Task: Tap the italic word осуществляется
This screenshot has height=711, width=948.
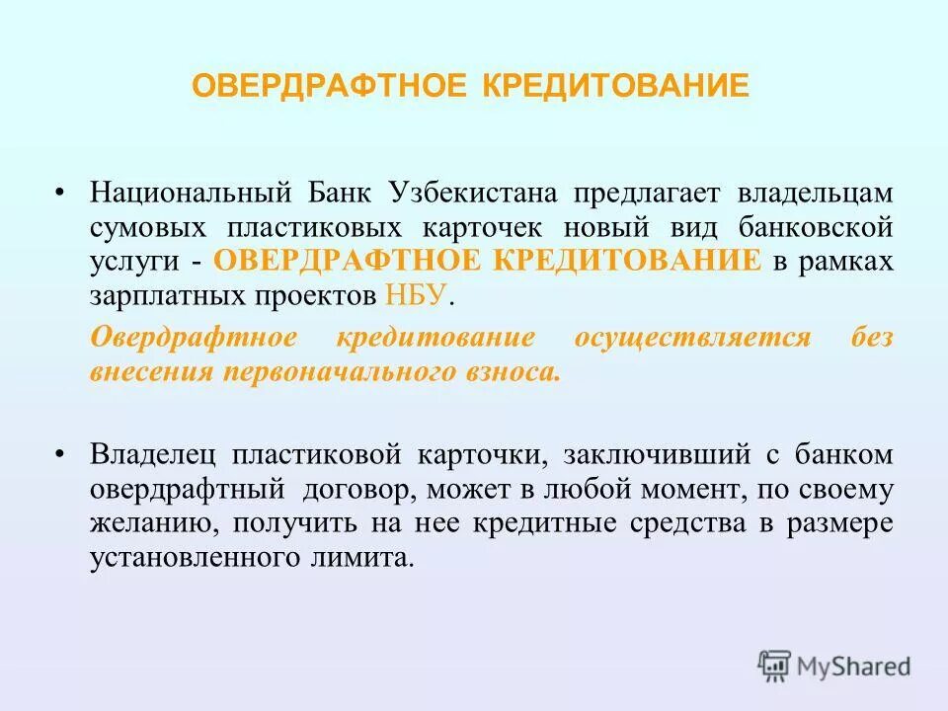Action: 692,338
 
